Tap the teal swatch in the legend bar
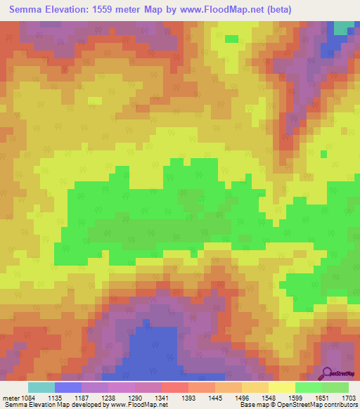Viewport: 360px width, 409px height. pos(41,387)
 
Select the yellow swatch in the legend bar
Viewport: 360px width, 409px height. pos(281,387)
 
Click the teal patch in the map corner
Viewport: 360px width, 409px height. pos(343,27)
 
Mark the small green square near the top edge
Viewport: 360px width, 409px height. pos(231,39)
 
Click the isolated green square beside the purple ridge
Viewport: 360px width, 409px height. pos(323,153)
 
